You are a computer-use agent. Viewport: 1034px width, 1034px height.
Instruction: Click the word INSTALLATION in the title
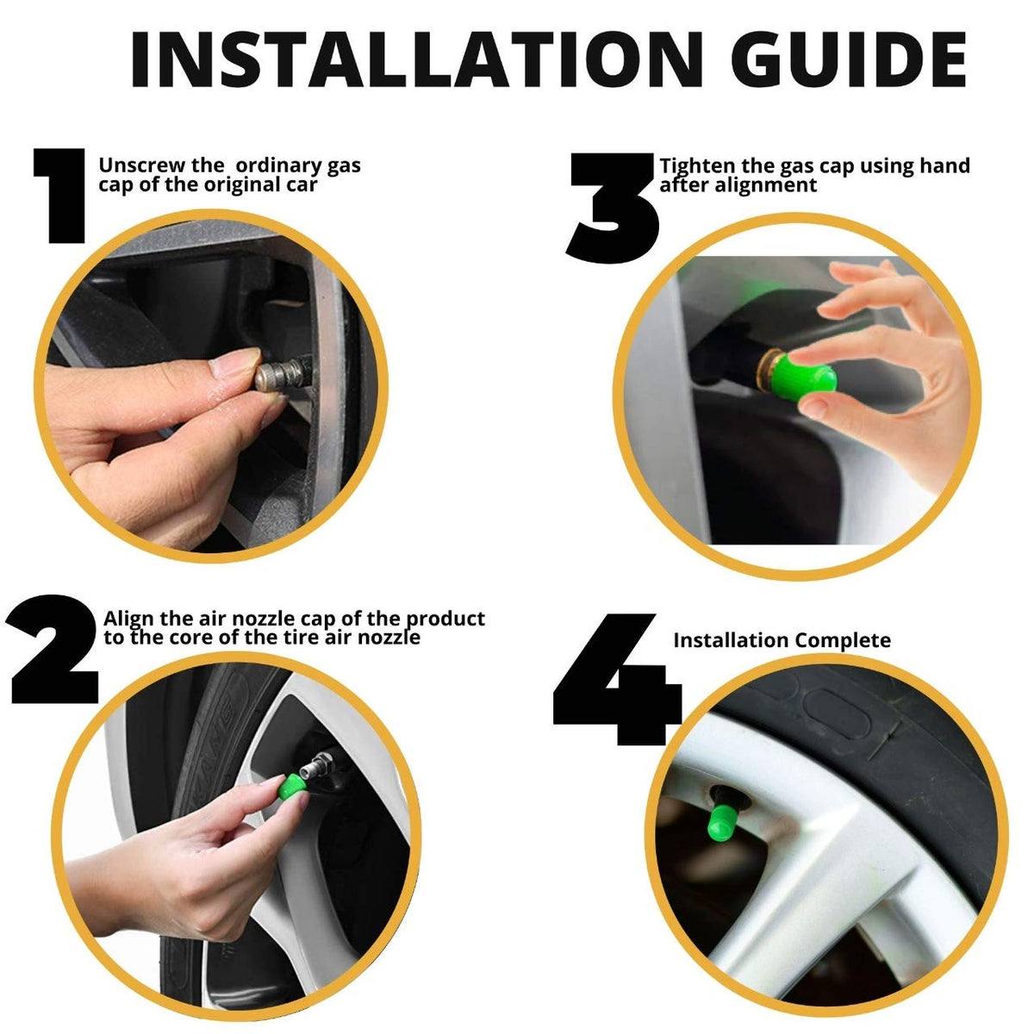tap(416, 59)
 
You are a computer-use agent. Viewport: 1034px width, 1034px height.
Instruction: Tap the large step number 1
tap(59, 196)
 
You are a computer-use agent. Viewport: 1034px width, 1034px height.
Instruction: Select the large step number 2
tap(53, 649)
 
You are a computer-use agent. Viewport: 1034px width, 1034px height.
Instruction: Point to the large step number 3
tap(613, 209)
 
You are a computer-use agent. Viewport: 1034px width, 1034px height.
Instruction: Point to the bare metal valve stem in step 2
tap(315, 768)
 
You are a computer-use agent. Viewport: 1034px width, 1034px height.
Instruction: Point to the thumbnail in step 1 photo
tap(234, 363)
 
